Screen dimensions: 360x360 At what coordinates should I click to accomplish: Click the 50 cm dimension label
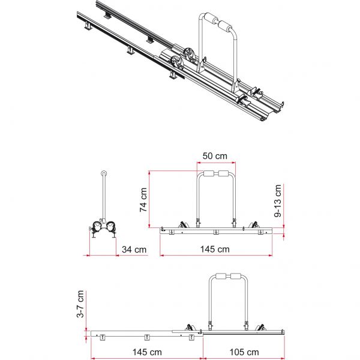215,156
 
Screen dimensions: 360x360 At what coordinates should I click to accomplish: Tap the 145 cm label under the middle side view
215,249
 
